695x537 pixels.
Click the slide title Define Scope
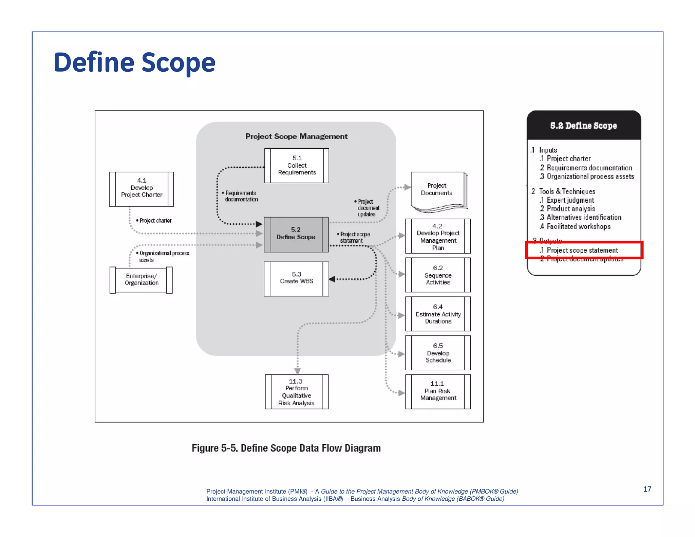pyautogui.click(x=134, y=63)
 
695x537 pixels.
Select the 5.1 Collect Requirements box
pyautogui.click(x=297, y=165)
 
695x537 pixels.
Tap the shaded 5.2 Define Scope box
pyautogui.click(x=296, y=234)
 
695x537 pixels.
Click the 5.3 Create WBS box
pyautogui.click(x=296, y=278)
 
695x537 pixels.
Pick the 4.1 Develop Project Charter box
pyautogui.click(x=142, y=189)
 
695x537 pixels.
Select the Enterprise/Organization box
pyautogui.click(x=141, y=280)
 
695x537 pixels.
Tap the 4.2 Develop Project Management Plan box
pyautogui.click(x=438, y=236)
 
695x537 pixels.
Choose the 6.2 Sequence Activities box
pyautogui.click(x=438, y=275)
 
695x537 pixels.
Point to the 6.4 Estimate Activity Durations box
pyautogui.click(x=438, y=314)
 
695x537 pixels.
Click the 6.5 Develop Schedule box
pyautogui.click(x=438, y=353)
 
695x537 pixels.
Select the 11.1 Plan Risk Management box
pyautogui.click(x=438, y=391)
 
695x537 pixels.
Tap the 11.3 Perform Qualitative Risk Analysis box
pyautogui.click(x=296, y=392)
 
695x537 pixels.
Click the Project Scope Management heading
pyautogui.click(x=296, y=136)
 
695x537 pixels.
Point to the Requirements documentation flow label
pyautogui.click(x=241, y=196)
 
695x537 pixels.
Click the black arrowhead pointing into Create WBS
pyautogui.click(x=332, y=279)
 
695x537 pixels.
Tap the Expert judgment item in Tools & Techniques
pyautogui.click(x=570, y=200)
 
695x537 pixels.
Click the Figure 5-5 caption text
pyautogui.click(x=286, y=448)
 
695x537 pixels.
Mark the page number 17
pyautogui.click(x=647, y=489)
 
